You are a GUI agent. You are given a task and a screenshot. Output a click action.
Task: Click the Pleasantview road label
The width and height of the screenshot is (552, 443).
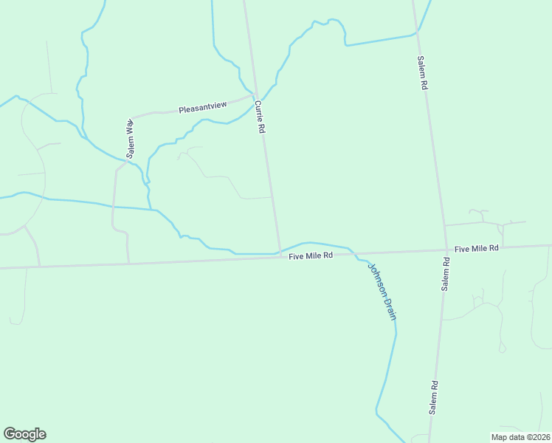203,109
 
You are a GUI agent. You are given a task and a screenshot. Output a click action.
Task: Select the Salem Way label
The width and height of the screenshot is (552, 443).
130,138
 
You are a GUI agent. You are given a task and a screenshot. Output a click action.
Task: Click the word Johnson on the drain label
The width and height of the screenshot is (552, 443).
376,279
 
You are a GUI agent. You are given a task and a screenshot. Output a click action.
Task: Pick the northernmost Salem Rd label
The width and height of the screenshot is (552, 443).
422,73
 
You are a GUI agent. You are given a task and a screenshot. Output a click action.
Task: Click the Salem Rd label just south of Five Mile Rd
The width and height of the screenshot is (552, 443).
446,273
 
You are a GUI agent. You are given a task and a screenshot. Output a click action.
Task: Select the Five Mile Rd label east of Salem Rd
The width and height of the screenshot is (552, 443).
477,249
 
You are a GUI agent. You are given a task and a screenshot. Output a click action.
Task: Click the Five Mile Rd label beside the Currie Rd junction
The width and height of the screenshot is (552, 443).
311,255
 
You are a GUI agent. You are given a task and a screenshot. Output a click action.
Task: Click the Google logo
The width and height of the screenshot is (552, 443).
24,434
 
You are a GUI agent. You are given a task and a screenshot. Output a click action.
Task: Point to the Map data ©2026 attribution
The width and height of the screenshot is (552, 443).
520,437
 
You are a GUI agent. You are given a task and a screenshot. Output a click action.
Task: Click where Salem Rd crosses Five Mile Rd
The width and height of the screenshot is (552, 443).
446,250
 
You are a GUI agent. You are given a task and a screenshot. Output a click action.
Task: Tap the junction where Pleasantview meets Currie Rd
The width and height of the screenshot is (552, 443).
254,95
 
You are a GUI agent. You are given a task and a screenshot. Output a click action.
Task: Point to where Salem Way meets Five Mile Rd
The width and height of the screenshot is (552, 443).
129,262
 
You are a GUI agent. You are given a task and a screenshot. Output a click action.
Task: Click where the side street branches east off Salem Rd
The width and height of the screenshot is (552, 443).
444,225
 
